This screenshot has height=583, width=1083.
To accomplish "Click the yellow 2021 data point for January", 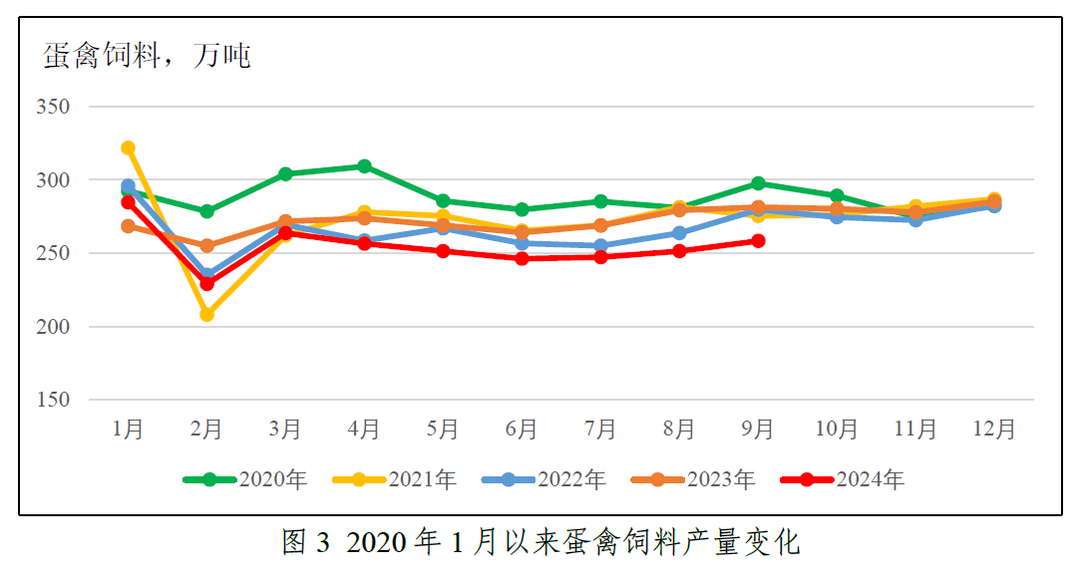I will (128, 148).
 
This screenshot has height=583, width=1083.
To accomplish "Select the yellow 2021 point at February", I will (206, 315).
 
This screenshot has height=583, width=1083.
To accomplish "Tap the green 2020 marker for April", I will (365, 166).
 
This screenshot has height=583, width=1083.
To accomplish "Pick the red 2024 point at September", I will (758, 241).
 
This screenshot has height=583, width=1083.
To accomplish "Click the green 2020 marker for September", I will (758, 183).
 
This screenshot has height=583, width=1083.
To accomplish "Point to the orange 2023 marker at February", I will (206, 246).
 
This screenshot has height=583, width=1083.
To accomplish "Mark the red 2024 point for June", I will (523, 259).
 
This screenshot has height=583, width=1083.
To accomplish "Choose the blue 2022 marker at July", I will (601, 246).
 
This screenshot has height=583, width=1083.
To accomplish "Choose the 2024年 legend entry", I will (844, 479).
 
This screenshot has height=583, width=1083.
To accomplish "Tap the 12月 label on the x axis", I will (994, 430).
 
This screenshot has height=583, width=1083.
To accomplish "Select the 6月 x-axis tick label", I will (523, 430).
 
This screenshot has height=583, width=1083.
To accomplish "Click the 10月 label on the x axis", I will (837, 430).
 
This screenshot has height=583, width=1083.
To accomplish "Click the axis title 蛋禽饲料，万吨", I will (147, 55).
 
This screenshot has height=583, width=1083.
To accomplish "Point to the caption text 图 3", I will (305, 543).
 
